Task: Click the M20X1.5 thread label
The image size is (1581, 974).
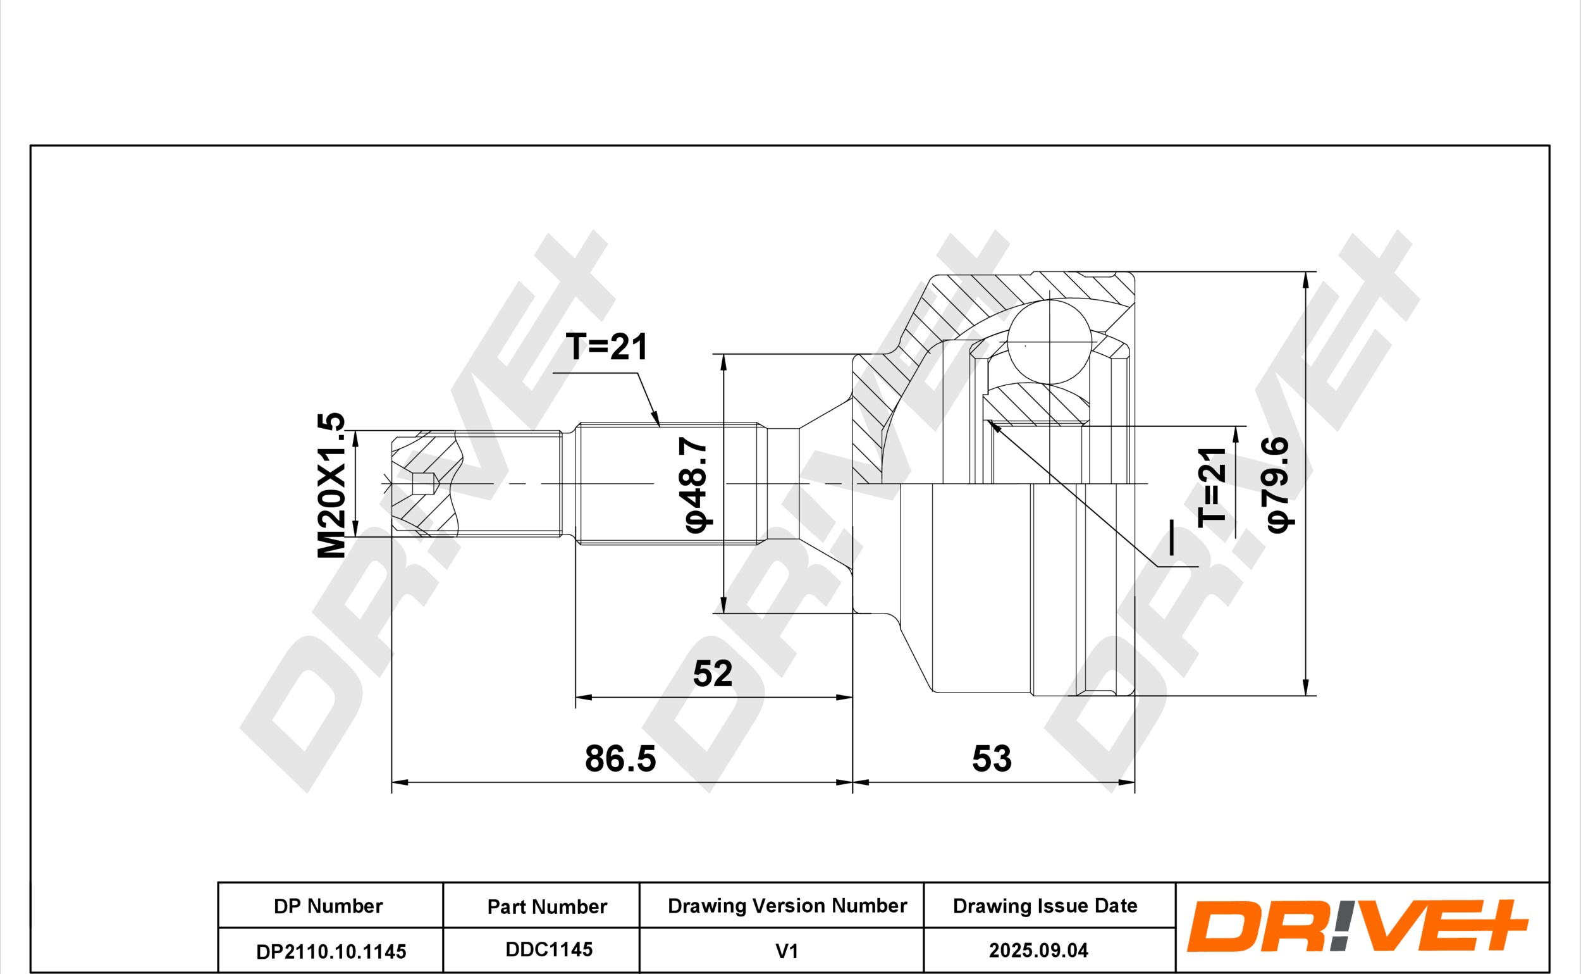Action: pyautogui.click(x=331, y=485)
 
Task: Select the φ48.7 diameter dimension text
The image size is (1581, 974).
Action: pyautogui.click(x=697, y=484)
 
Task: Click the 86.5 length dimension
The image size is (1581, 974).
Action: pyautogui.click(x=620, y=758)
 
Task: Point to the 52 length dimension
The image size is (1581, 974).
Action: pyautogui.click(x=712, y=673)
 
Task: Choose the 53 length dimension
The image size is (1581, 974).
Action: pyautogui.click(x=992, y=758)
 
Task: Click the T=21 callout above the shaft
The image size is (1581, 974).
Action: pyautogui.click(x=606, y=347)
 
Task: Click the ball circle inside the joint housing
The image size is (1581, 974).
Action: pyautogui.click(x=1050, y=342)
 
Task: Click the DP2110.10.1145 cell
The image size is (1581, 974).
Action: pyautogui.click(x=330, y=951)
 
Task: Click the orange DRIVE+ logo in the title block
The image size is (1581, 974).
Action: pyautogui.click(x=1357, y=926)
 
